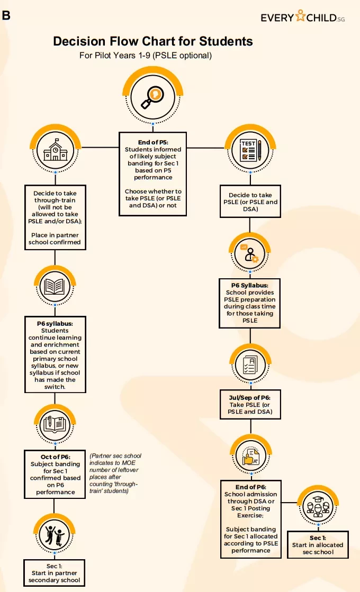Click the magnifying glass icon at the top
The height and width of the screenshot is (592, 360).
[x=152, y=97]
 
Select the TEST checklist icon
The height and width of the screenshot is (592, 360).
[x=250, y=150]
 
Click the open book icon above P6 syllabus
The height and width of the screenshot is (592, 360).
[x=55, y=287]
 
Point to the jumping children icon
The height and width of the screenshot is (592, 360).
[x=55, y=535]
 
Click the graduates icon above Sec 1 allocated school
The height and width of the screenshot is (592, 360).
[x=318, y=507]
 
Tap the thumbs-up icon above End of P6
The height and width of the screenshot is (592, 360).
[x=251, y=456]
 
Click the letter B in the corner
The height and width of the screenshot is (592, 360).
[x=6, y=15]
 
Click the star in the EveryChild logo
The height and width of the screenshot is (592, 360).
[x=300, y=15]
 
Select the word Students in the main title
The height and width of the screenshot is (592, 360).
[x=226, y=41]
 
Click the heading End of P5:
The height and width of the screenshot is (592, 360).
[x=153, y=142]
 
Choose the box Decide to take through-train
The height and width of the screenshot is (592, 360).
[x=55, y=217]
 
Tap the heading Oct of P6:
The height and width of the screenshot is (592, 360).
[x=56, y=457]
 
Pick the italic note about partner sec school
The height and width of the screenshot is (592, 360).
[x=115, y=473]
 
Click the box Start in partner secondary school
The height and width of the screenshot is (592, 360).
[x=55, y=573]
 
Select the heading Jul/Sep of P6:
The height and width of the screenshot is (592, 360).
[x=250, y=397]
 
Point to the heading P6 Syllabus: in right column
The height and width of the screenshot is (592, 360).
[x=250, y=286]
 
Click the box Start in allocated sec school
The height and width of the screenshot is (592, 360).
[x=318, y=545]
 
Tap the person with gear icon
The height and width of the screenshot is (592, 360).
[x=250, y=253]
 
